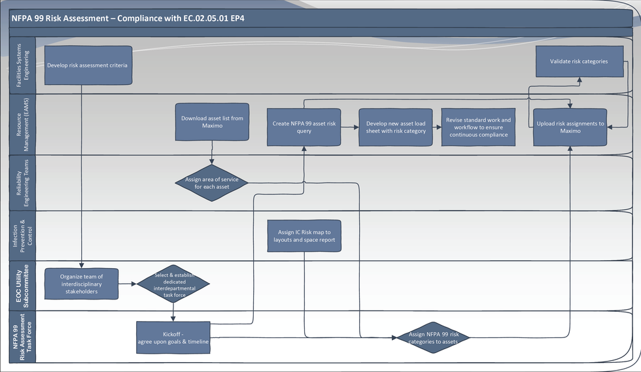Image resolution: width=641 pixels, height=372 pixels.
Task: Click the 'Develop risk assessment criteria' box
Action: pos(88,65)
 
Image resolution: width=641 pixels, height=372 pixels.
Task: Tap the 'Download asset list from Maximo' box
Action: pos(212,122)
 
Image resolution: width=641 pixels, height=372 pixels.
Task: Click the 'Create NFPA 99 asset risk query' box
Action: pos(304,127)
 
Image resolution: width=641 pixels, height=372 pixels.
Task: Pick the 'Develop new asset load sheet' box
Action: pos(396,127)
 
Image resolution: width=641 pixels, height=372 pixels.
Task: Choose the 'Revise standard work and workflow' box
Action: pos(478,127)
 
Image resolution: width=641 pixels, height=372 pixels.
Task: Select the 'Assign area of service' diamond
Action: pos(211,183)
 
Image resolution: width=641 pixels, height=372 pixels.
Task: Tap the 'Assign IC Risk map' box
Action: pos(304,236)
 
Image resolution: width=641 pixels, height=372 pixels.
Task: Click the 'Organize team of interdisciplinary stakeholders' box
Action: pos(81,284)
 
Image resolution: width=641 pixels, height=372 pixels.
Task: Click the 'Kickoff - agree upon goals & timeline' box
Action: pos(173,337)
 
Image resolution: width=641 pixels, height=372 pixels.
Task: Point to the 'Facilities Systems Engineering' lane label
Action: pos(22,65)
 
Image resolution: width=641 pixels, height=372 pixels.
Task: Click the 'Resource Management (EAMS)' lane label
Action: pos(22,124)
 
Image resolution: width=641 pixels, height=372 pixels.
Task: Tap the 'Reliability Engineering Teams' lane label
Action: pos(22,183)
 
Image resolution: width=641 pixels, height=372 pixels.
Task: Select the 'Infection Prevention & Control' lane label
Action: pos(22,235)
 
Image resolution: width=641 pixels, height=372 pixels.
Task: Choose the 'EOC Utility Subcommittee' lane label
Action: pos(22,285)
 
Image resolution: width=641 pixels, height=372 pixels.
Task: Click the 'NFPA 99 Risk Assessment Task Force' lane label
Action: pos(22,337)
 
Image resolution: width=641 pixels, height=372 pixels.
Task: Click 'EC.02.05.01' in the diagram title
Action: pos(205,18)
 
